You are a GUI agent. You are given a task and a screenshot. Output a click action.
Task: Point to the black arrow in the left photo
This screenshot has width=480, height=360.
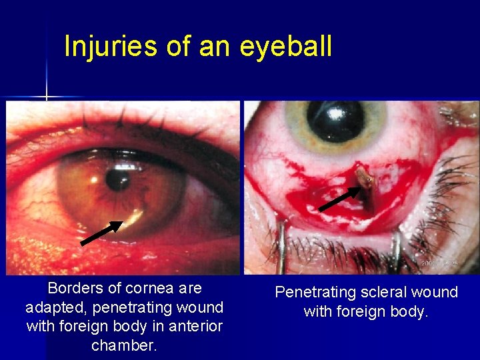tap(101, 233)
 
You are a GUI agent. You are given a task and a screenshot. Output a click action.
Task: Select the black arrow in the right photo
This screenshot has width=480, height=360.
tap(339, 199)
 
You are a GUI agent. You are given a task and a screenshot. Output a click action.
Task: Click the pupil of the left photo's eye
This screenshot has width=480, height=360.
tap(118, 179)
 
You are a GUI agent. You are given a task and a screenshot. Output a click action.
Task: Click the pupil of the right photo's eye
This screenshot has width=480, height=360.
tap(335, 120)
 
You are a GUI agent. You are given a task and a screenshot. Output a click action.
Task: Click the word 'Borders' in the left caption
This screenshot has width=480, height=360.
tap(75, 288)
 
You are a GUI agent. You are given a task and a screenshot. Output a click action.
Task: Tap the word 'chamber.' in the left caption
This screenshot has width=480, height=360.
tap(124, 345)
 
